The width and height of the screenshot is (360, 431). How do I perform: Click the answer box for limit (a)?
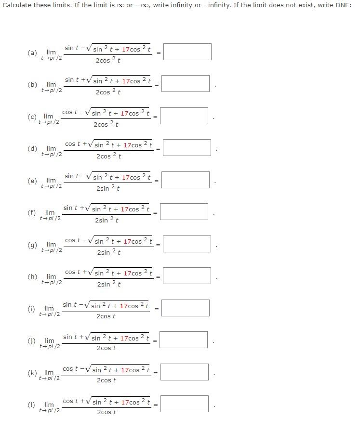(187, 52)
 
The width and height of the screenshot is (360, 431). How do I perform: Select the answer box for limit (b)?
(185, 84)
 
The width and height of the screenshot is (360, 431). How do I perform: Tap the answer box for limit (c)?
(184, 116)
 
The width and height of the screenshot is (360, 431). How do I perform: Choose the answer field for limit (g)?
(187, 244)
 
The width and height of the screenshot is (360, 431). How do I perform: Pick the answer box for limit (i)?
(185, 308)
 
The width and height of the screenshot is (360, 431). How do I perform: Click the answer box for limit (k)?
(184, 372)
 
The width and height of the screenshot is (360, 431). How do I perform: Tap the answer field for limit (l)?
(184, 404)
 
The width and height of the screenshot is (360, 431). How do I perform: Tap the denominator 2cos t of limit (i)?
(106, 316)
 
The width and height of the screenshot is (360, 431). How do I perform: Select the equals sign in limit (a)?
(157, 52)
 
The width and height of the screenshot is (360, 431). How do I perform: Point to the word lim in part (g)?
(51, 244)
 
